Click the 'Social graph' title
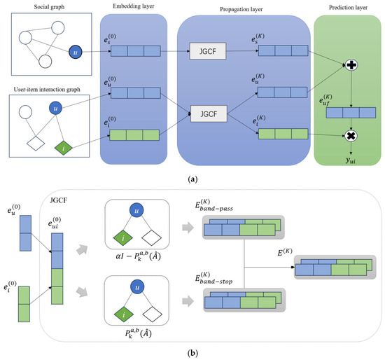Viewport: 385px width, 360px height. point(45,6)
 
